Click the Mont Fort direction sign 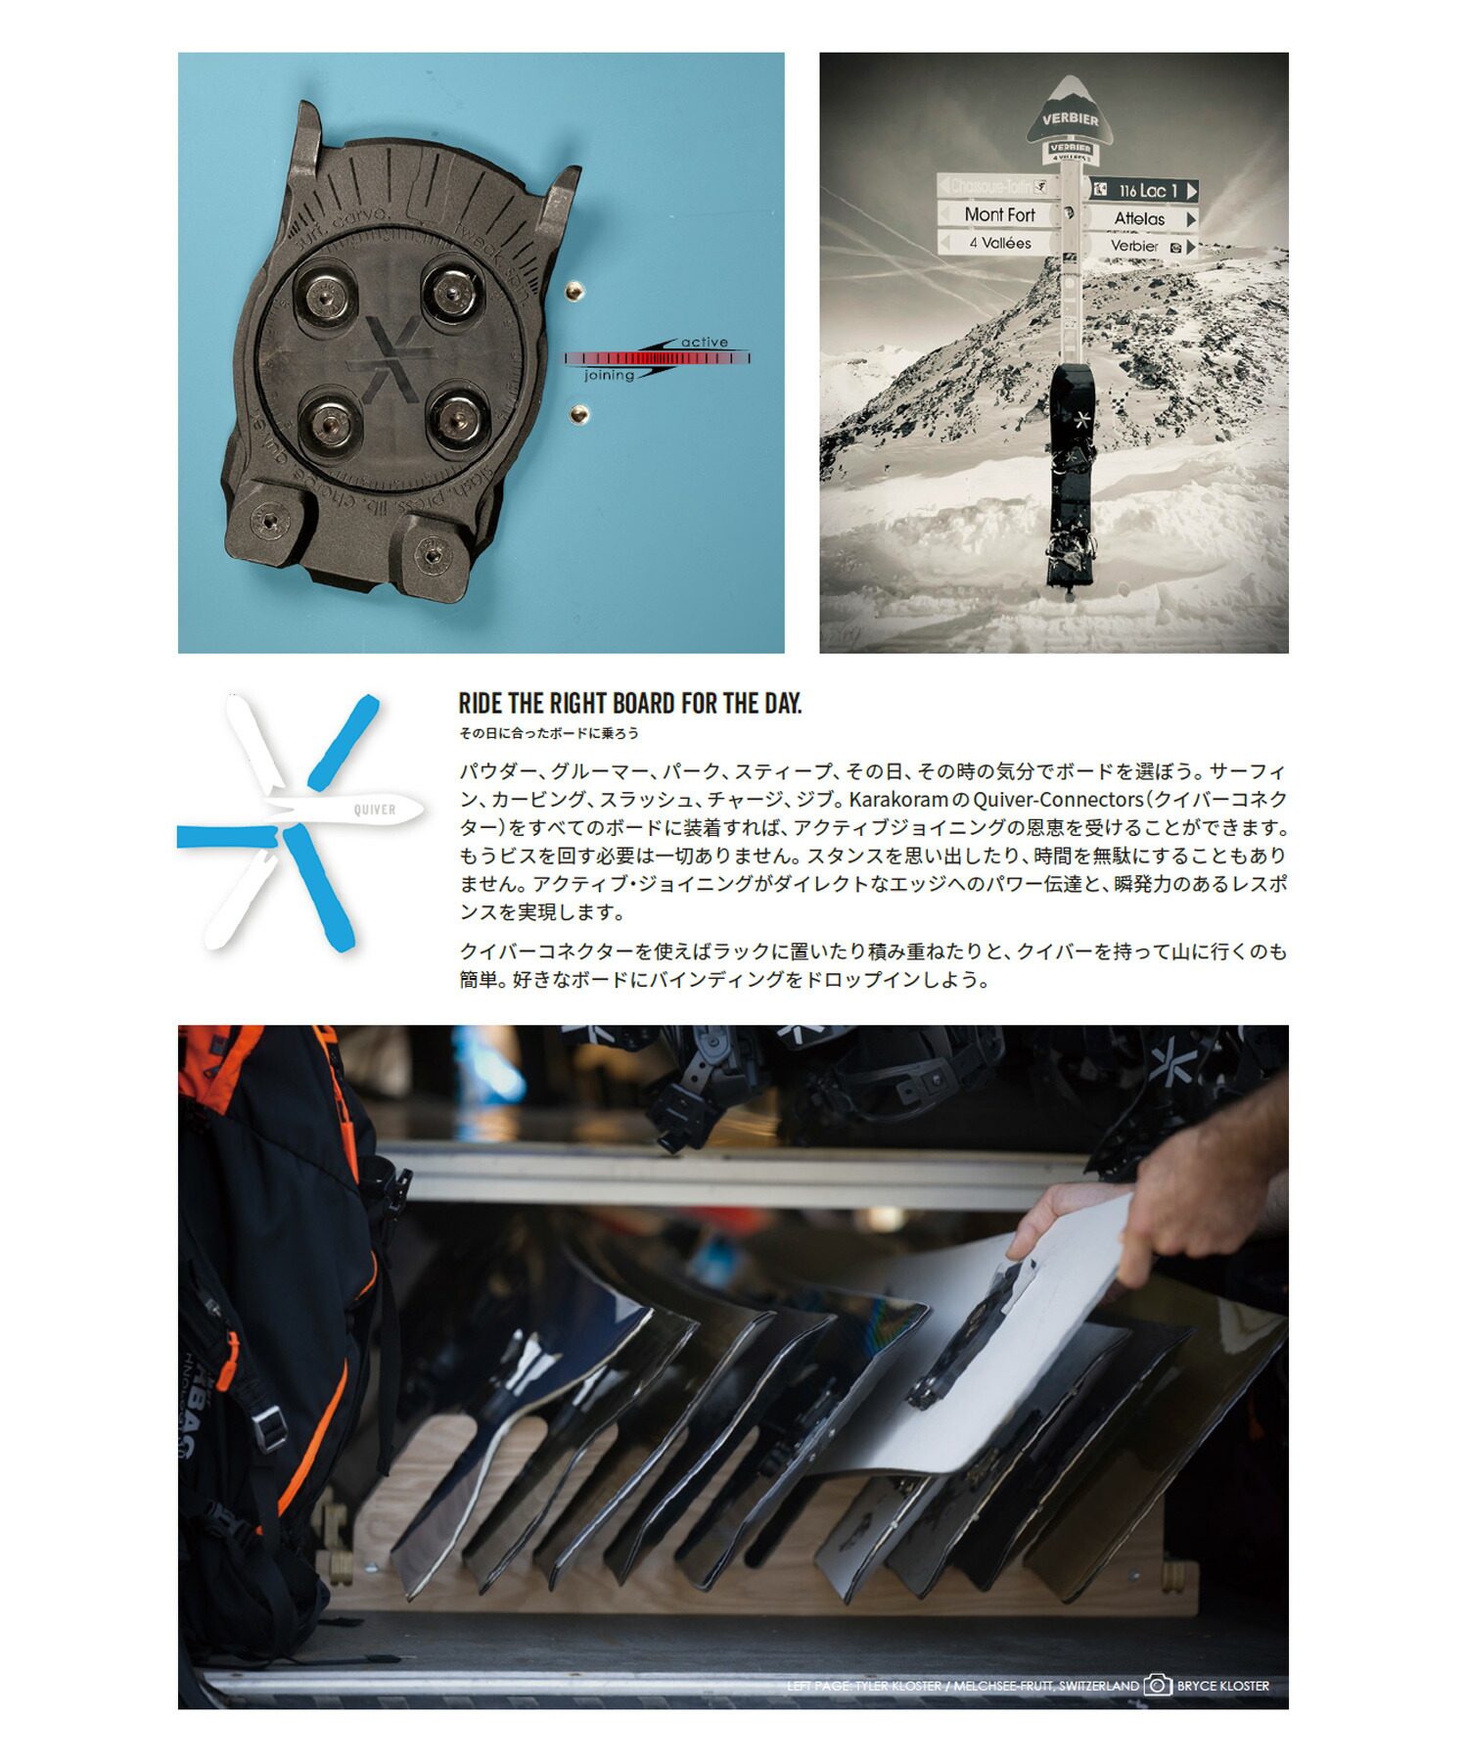pos(998,214)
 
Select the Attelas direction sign pos(1140,219)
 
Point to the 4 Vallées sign pos(998,243)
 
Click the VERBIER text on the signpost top pos(1070,119)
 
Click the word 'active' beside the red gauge pos(705,343)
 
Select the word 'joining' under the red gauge pos(609,376)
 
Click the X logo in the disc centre pos(390,359)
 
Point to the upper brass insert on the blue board pos(576,291)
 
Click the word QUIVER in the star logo pos(375,810)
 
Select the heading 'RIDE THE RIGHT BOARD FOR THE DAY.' pos(629,704)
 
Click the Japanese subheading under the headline pos(548,733)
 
